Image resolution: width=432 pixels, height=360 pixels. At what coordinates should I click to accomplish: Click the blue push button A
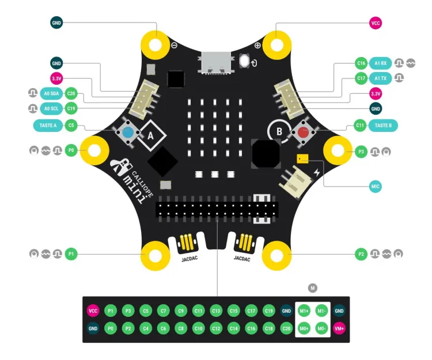pos(127,133)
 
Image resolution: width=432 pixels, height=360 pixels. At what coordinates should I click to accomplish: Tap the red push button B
pos(302,132)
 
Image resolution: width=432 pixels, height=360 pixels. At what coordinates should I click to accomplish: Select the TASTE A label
pos(48,124)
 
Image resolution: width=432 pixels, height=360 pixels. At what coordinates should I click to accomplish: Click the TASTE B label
pos(383,124)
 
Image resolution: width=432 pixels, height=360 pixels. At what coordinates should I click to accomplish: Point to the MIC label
pos(376,187)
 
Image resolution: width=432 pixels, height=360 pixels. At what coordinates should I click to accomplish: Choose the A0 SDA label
pos(50,93)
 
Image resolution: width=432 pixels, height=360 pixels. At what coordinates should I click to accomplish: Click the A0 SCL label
pos(50,108)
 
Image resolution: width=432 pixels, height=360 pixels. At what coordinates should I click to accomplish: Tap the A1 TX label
pos(381,78)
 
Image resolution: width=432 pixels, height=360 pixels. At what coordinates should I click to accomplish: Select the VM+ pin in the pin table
pos(339,328)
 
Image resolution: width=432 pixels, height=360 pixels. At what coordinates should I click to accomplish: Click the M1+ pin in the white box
pos(304,311)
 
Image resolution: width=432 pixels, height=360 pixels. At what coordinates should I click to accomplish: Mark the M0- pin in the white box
pos(322,328)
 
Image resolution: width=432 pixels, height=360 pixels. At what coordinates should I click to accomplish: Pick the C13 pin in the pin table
pos(216,311)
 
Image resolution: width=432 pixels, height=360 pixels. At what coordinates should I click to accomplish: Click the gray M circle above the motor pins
pos(313,287)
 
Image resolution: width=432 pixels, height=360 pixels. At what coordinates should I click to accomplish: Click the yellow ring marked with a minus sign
pos(156,44)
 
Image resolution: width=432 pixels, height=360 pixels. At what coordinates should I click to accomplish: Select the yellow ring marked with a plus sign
pos(276,44)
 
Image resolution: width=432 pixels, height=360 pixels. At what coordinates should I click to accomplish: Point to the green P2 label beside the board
pos(361,253)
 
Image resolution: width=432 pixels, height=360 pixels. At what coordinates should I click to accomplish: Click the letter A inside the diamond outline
pos(150,135)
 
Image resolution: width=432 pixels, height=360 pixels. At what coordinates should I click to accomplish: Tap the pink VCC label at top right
pos(376,24)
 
